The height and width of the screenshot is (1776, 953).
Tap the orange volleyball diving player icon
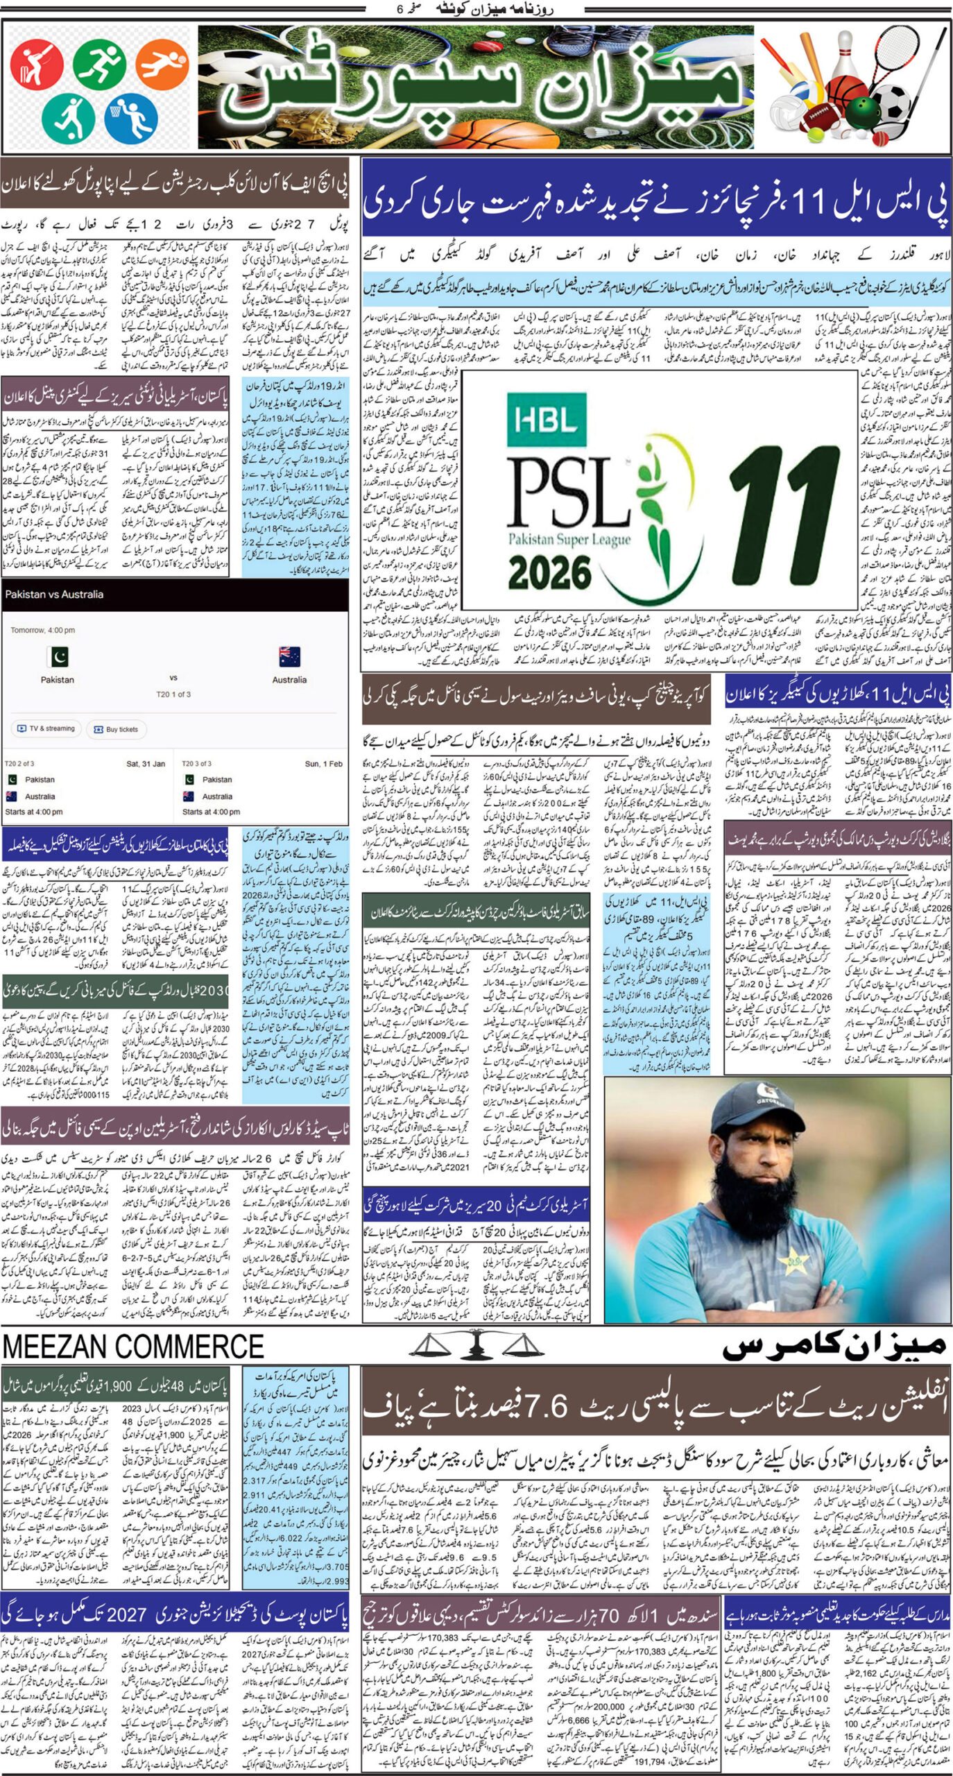(162, 65)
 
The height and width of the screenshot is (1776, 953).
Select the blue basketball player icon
(131, 116)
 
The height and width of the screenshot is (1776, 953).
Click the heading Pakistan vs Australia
(54, 595)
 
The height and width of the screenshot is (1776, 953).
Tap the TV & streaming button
(46, 729)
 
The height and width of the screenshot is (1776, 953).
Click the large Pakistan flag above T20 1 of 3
(58, 656)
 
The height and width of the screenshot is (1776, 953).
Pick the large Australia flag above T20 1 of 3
(289, 656)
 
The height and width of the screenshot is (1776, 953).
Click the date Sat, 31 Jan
(145, 764)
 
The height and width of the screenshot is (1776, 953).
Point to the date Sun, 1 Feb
(323, 764)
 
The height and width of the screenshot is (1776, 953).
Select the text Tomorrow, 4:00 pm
(42, 631)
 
